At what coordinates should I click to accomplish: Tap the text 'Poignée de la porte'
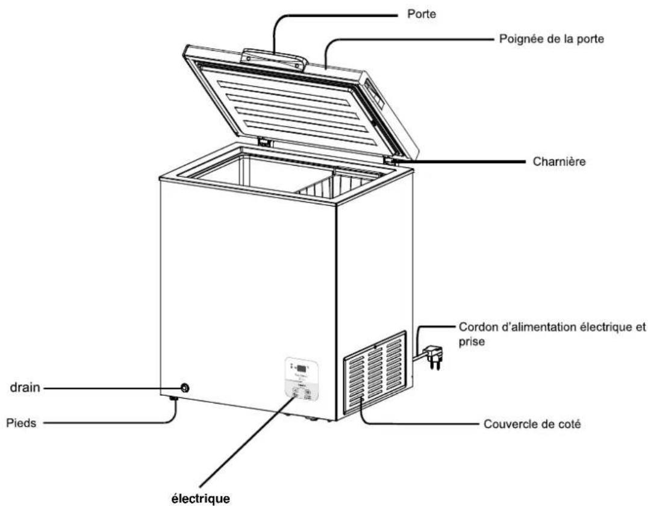click(552, 39)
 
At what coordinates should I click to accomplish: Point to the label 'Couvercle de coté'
click(532, 425)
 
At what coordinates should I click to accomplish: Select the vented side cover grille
click(374, 373)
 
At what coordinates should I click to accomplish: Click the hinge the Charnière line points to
click(393, 161)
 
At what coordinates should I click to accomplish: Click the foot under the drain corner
click(173, 399)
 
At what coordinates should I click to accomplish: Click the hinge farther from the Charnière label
click(264, 142)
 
